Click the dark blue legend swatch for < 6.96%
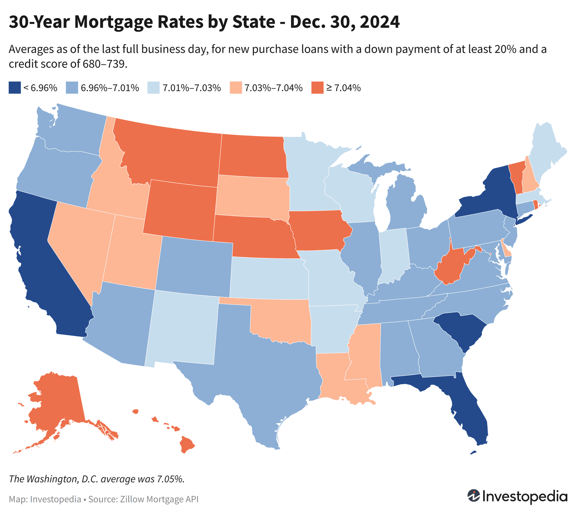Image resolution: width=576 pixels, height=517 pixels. pyautogui.click(x=15, y=88)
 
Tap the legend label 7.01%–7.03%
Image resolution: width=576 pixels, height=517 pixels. pyautogui.click(x=192, y=88)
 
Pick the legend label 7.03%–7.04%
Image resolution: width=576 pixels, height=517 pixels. pyautogui.click(x=273, y=88)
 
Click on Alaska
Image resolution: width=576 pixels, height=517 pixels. pyautogui.click(x=58, y=399)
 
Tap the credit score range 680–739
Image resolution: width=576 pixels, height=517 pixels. pyautogui.click(x=104, y=64)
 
